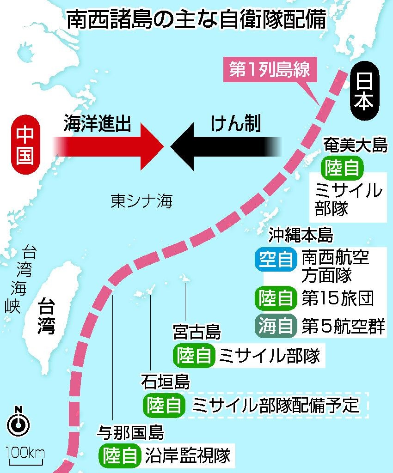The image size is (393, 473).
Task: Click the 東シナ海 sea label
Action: (141, 200)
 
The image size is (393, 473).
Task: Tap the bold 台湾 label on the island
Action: (46, 316)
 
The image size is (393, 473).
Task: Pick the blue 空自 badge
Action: (276, 260)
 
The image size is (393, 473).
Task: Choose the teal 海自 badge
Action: (276, 326)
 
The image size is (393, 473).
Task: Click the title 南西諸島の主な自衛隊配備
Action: (196, 20)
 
